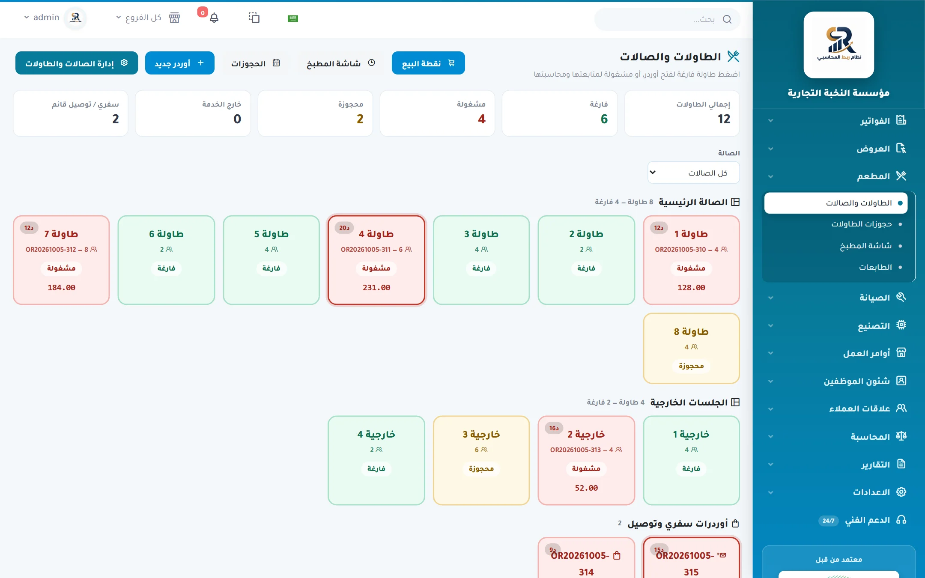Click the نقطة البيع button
428,63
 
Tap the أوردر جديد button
180,63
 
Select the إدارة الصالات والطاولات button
77,63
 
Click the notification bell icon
214,18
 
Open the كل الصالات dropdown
693,173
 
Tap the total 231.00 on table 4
376,288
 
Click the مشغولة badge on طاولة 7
61,268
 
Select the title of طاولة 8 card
691,332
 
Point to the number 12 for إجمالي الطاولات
724,119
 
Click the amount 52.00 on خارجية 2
586,488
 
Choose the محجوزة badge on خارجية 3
481,469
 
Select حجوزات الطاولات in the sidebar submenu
862,224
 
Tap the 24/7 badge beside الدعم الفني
829,521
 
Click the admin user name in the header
46,18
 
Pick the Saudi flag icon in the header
293,18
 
